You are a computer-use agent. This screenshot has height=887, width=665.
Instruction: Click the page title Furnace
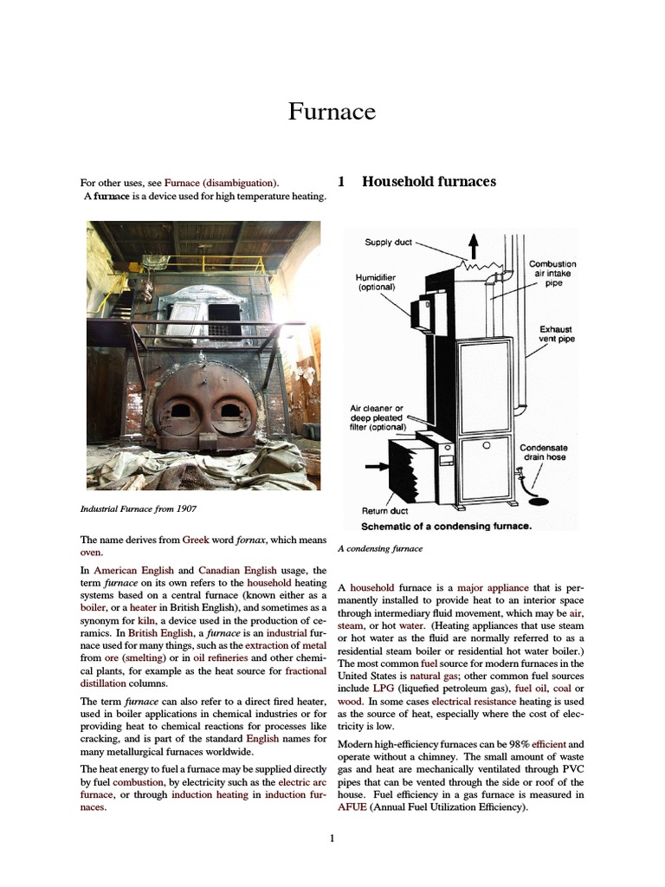click(332, 111)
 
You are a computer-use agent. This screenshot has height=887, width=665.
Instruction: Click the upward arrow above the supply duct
click(473, 245)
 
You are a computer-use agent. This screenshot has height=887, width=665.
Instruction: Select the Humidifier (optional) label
click(376, 282)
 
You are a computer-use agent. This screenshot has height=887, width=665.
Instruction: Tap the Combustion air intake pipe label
click(552, 273)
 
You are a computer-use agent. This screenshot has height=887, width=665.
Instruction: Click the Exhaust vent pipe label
click(557, 334)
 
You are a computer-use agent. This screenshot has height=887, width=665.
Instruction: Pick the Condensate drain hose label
click(542, 452)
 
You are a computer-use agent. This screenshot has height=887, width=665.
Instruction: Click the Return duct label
click(384, 511)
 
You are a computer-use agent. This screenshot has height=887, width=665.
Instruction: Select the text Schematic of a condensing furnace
click(445, 525)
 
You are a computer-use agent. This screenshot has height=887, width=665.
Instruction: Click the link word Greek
click(196, 540)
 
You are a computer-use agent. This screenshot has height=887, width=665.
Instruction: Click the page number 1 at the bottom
click(332, 838)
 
